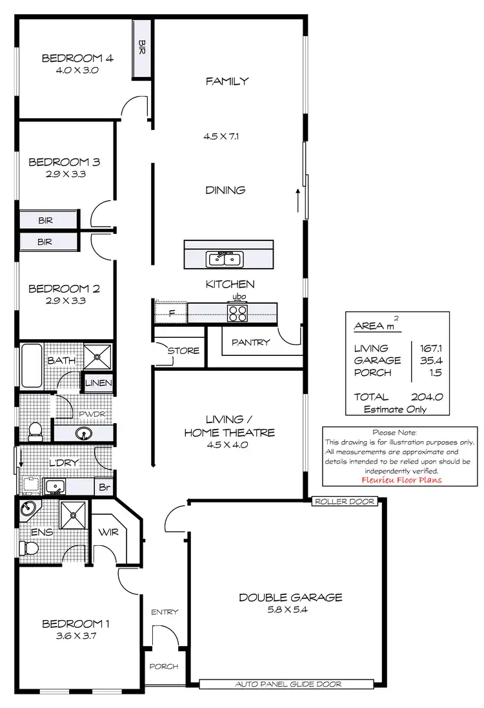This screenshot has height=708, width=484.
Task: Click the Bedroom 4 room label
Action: (x=77, y=58)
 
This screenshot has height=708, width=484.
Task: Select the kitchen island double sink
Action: (x=224, y=259)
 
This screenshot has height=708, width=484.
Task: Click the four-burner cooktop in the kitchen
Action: (x=237, y=313)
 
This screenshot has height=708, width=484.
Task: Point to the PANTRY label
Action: (x=250, y=342)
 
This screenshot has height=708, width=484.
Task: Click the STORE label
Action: (x=183, y=351)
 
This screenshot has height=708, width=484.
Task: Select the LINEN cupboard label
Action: (x=99, y=384)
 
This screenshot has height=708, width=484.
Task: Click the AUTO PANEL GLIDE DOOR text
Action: (x=288, y=684)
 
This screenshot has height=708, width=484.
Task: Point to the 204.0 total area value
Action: (x=427, y=397)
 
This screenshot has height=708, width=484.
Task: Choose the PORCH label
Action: (x=164, y=667)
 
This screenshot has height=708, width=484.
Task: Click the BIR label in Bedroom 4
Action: (x=142, y=47)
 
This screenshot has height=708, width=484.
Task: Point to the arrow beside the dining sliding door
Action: (x=298, y=200)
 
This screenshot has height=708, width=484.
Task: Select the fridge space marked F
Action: (x=171, y=313)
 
